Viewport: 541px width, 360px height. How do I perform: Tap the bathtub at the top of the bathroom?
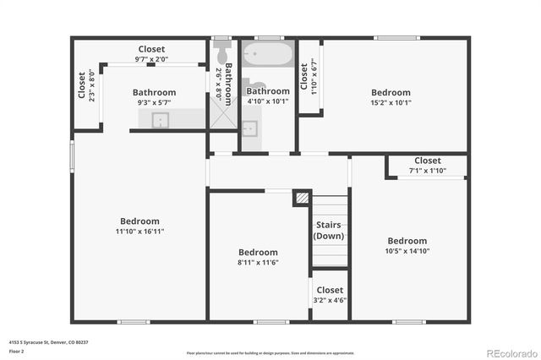[x=267, y=57]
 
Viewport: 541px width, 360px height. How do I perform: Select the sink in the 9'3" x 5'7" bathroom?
[x=160, y=120]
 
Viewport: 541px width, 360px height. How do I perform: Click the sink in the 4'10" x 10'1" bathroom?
[x=249, y=128]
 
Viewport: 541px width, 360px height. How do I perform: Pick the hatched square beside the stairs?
[x=301, y=197]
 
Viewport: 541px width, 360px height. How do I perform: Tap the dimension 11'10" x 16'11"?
[x=139, y=232]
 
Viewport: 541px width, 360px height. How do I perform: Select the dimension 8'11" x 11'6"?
[x=258, y=263]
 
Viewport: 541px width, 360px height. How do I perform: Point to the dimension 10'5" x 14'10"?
[x=407, y=251]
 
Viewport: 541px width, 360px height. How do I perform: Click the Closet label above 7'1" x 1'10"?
[x=427, y=161]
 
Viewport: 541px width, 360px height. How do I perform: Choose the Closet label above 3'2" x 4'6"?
[x=330, y=290]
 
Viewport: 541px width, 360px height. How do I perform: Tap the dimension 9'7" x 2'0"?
[x=152, y=60]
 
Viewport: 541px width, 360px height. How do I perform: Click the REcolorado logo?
[x=511, y=352]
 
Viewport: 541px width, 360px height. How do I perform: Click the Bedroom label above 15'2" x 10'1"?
[x=391, y=93]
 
